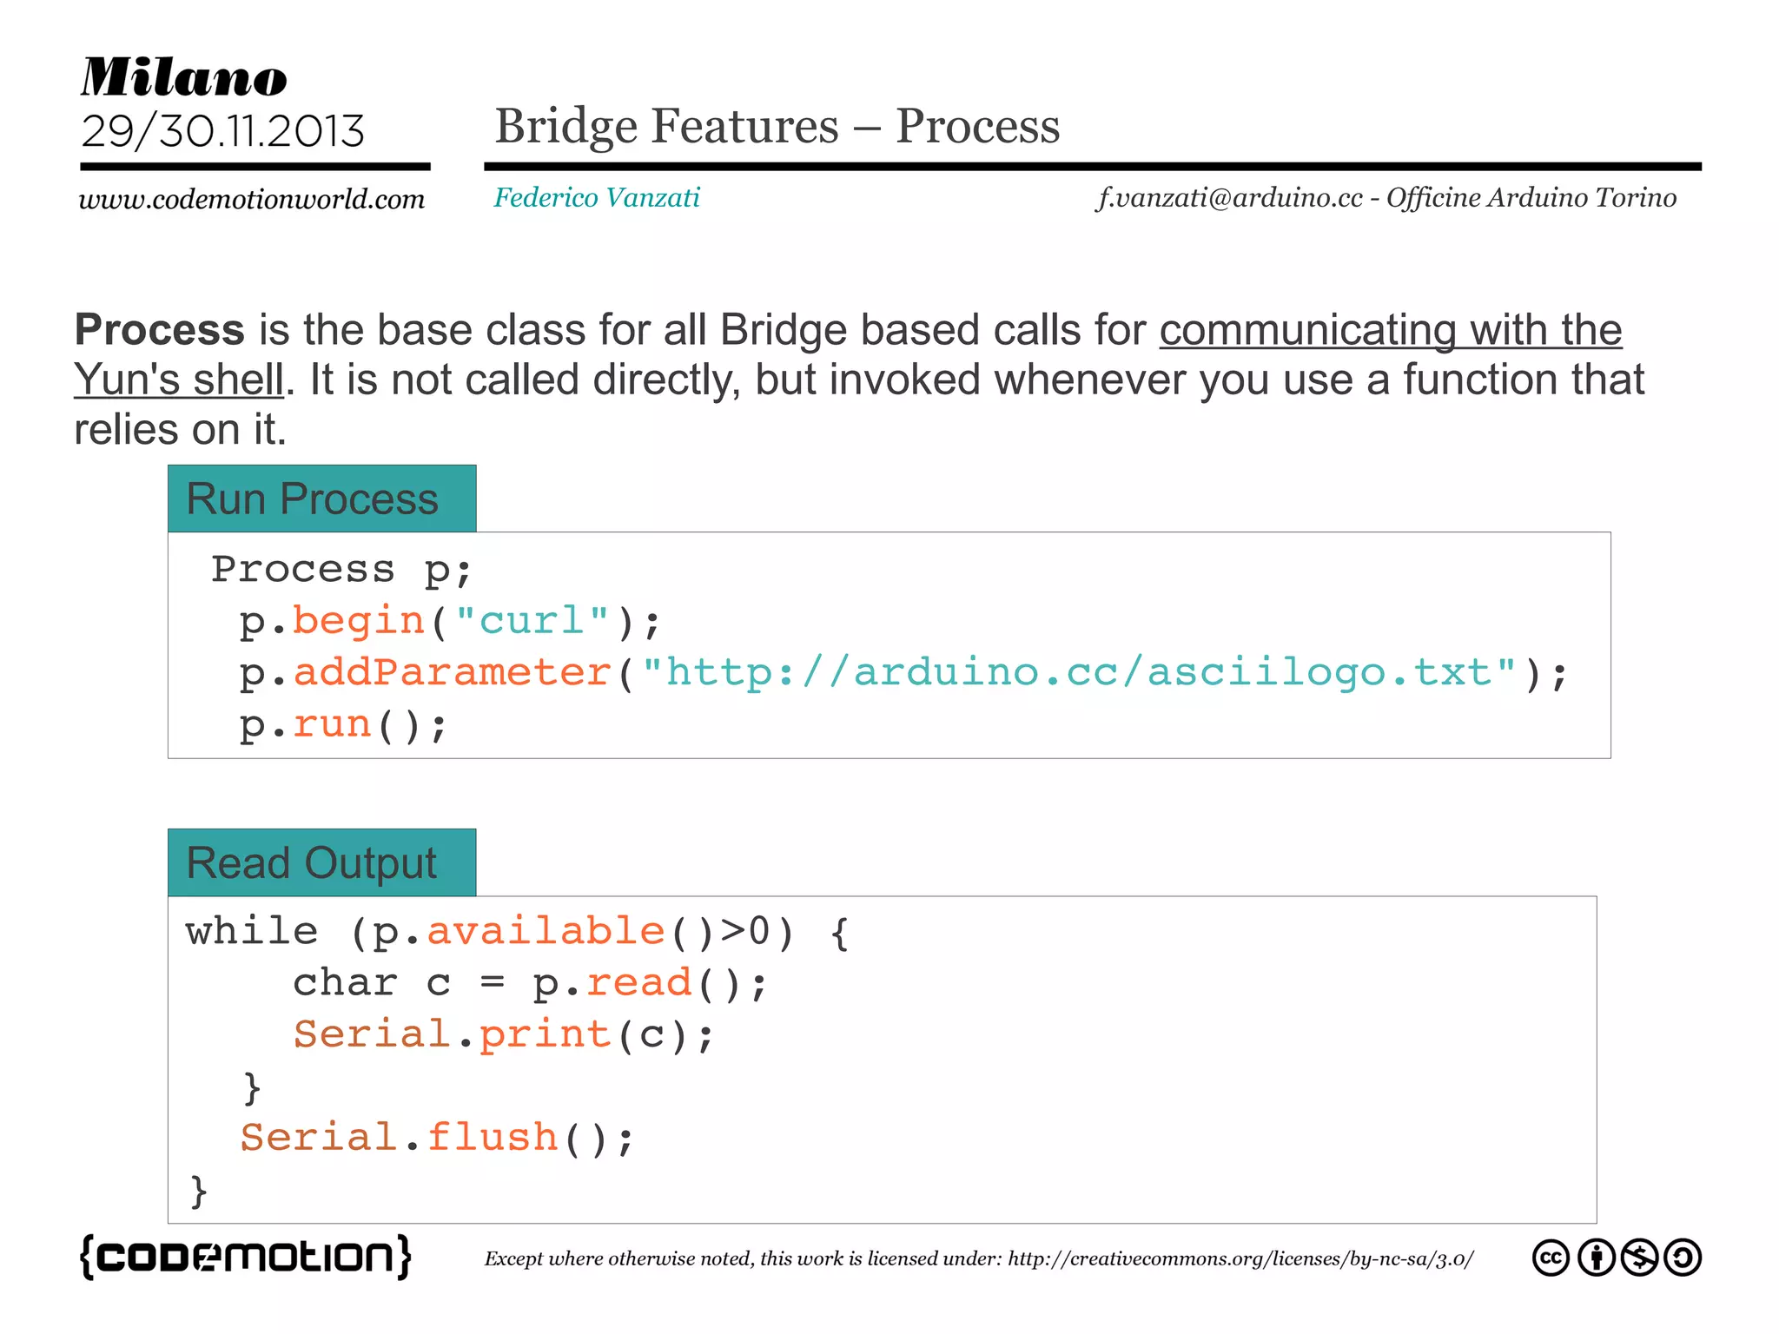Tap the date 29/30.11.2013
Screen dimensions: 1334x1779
click(223, 131)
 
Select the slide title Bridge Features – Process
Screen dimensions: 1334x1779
click(777, 126)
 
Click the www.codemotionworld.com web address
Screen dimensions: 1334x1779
click(252, 199)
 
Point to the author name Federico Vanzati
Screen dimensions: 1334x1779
click(597, 198)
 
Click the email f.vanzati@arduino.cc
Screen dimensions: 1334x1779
click(1229, 198)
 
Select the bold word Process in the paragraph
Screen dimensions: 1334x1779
click(160, 330)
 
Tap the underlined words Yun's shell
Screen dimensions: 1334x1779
click(179, 380)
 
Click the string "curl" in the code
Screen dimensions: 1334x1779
click(532, 621)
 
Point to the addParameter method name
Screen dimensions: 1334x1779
click(453, 673)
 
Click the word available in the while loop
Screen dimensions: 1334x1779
click(546, 931)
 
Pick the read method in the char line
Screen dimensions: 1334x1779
click(639, 983)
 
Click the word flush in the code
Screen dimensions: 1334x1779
click(493, 1138)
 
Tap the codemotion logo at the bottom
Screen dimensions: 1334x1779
click(246, 1257)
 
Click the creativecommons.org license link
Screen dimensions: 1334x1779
click(1240, 1259)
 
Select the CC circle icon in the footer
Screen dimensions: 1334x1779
click(1551, 1258)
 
